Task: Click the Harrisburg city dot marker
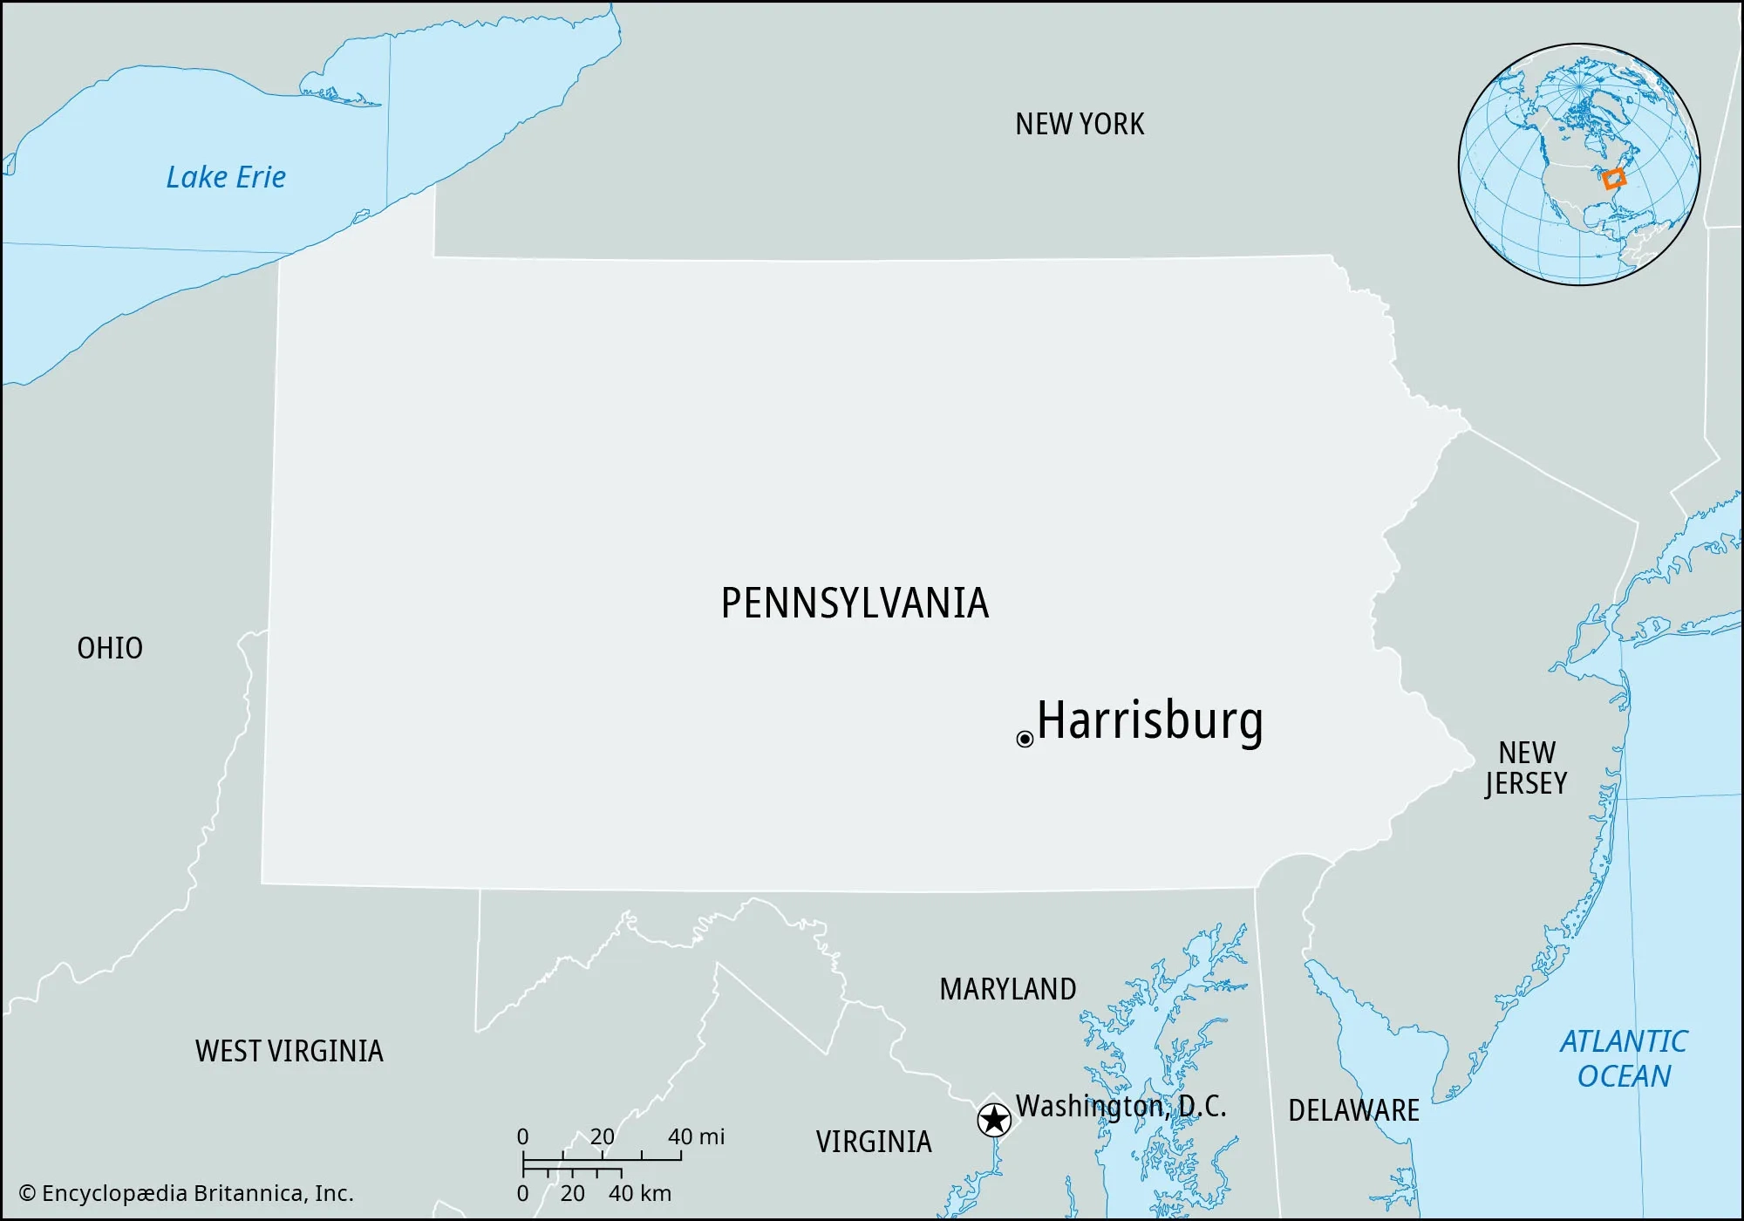[1025, 740]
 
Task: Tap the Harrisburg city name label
[1149, 720]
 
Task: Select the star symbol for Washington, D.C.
[994, 1120]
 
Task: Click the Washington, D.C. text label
[1121, 1106]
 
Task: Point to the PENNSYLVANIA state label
[855, 604]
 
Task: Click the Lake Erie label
[226, 177]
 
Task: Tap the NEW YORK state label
[1080, 125]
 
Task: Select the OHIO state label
[110, 648]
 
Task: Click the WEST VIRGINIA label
[289, 1051]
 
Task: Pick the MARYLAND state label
[1007, 989]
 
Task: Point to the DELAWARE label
[1353, 1110]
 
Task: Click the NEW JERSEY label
[1526, 767]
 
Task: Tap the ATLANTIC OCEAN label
[1623, 1059]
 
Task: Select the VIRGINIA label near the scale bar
[874, 1142]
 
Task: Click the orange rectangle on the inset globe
[1614, 179]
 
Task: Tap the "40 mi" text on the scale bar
[696, 1136]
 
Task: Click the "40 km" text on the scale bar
[639, 1193]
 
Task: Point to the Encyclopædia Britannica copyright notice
[187, 1193]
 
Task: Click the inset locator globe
[1578, 164]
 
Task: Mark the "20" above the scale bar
[602, 1136]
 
